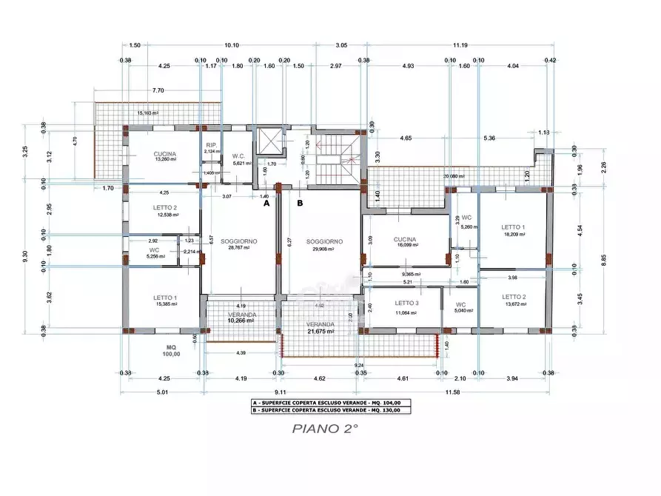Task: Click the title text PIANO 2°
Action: tap(325, 427)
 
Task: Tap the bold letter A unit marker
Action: tap(266, 202)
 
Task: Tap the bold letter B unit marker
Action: tap(300, 202)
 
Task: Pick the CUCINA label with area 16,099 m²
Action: tap(405, 240)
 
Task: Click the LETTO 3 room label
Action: tap(405, 303)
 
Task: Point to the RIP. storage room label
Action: tap(211, 145)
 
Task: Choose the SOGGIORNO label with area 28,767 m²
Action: tap(239, 241)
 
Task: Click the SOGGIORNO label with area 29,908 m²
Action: tap(323, 241)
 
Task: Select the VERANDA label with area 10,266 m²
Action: tap(241, 315)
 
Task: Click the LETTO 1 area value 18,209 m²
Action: tap(513, 234)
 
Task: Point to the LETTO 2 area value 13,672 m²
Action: tap(513, 304)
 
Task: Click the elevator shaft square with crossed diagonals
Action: tap(269, 142)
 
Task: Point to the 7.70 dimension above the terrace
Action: tap(158, 90)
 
